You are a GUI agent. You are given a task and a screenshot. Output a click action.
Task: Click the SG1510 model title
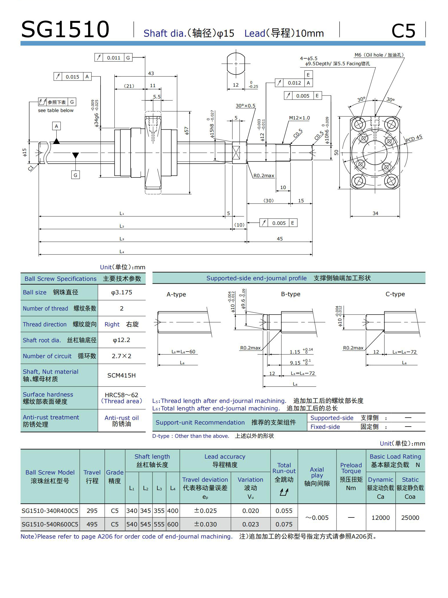tap(65, 29)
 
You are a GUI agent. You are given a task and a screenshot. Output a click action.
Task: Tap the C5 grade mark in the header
tap(403, 31)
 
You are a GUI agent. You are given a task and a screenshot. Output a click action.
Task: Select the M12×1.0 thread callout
tap(299, 118)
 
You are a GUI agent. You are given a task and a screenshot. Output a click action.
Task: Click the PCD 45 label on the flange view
tap(414, 139)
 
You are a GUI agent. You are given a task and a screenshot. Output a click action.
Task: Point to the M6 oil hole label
tap(379, 55)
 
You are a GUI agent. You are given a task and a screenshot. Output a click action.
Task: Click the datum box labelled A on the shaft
tap(56, 126)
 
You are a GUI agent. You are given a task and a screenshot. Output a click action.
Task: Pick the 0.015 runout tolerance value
tap(72, 77)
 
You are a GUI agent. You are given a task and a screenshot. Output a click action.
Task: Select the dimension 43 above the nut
tap(151, 74)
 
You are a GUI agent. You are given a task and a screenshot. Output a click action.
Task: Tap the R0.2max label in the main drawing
tap(264, 175)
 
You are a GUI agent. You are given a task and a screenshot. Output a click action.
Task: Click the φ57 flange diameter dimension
tap(187, 131)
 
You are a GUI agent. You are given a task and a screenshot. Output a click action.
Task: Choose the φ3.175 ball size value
tap(122, 292)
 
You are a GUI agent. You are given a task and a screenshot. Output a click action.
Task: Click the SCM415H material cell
tap(121, 375)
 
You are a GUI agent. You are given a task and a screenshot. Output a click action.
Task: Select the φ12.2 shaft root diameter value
tap(121, 340)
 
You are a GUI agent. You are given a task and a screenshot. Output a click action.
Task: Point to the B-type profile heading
tap(291, 294)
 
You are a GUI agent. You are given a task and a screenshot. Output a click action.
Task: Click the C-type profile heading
tap(395, 294)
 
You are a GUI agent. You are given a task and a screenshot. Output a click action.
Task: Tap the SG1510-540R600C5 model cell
tap(50, 524)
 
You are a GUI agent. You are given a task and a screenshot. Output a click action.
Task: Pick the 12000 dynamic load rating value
tap(380, 517)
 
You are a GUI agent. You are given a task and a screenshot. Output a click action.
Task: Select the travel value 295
tap(92, 511)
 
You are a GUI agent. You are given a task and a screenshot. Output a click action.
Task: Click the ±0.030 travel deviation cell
tap(205, 524)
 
